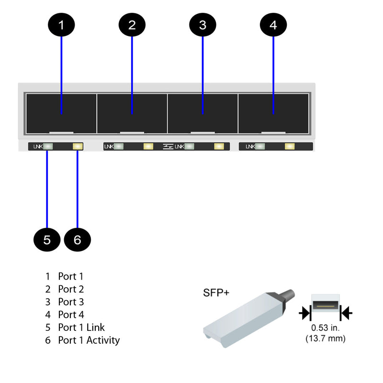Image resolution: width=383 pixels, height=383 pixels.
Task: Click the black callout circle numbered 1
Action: coord(61,25)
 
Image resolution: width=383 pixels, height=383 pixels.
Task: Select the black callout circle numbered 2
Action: coord(132,25)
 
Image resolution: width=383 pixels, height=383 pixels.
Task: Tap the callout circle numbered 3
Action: coord(203,25)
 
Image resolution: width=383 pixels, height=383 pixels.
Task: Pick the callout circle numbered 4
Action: coord(273,25)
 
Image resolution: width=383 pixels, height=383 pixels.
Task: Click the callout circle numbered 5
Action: coord(47,239)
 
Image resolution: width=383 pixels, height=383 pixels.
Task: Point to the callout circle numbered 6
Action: coord(77,239)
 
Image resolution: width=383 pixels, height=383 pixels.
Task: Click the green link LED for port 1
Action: coord(48,146)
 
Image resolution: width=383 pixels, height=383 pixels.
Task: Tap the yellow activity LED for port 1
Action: coord(78,146)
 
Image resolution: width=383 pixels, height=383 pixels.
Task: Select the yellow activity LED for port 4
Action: coord(290,146)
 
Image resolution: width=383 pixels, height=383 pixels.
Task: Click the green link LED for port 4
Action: coord(260,146)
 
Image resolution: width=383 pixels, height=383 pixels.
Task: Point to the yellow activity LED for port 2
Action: coord(148,146)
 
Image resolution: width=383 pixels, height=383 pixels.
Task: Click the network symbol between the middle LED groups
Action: coord(168,146)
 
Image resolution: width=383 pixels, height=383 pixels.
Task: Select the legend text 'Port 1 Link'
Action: coord(81,327)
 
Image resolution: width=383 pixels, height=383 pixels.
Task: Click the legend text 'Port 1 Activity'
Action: coord(89,340)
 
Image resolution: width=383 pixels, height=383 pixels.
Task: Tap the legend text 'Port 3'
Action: coord(71,302)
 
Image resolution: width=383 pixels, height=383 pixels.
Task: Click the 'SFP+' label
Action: coord(216,293)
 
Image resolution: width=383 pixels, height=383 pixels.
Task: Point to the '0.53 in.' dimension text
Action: coord(325,328)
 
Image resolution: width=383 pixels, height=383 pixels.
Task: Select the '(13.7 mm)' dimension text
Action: coord(325,338)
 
